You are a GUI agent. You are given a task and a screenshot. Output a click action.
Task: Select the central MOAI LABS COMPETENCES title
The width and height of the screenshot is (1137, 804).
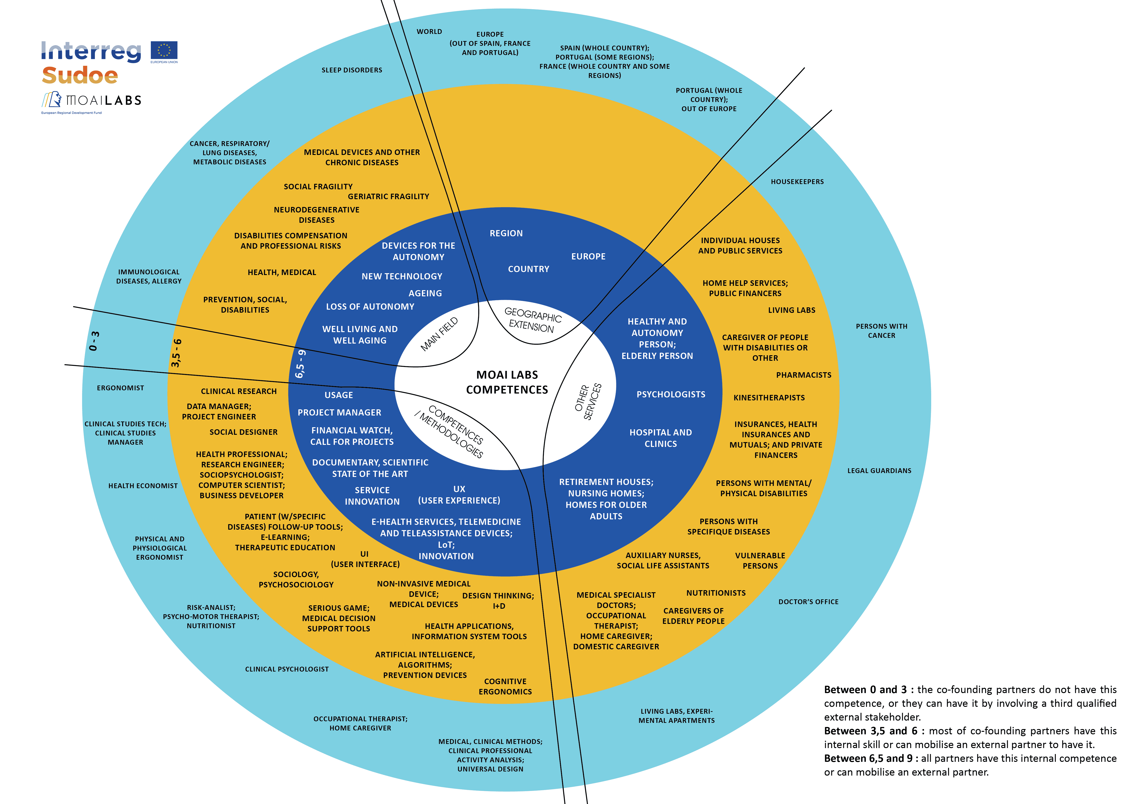pos(507,382)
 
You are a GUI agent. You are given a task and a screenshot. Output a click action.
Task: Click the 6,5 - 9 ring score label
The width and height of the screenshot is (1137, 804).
pos(300,364)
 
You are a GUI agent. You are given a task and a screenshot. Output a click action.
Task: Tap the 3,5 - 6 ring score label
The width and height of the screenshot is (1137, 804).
pos(176,353)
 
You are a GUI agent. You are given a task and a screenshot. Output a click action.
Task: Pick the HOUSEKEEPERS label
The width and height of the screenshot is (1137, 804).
pos(797,182)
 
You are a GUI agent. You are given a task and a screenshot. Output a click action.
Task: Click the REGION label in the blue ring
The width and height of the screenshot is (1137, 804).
pos(506,233)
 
